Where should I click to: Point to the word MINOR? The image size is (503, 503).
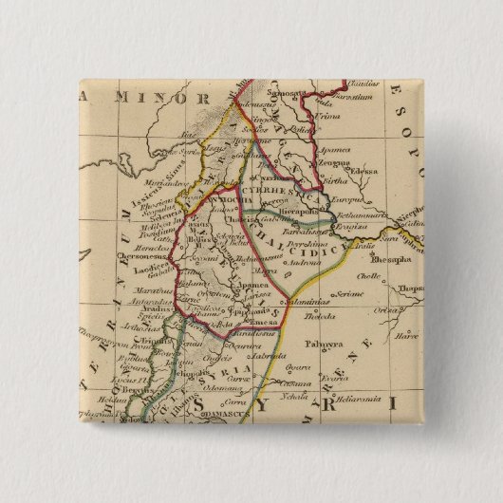coord(170,98)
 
